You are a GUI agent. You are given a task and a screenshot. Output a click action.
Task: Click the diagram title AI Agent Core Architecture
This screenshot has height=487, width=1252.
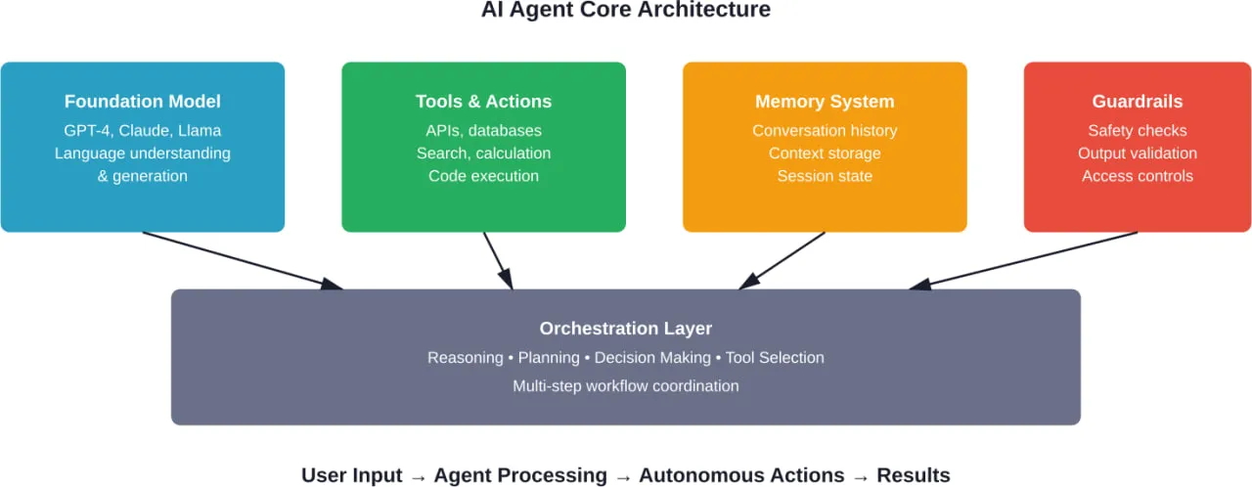coord(626,11)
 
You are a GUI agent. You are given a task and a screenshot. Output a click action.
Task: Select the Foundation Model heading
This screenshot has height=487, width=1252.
coord(143,102)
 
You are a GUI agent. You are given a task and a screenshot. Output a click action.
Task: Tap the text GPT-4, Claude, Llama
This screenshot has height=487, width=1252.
coord(143,131)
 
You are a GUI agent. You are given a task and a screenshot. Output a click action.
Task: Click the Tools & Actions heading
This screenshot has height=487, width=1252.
coord(483,102)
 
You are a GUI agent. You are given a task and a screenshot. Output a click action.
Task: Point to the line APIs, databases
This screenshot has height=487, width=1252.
coord(483,131)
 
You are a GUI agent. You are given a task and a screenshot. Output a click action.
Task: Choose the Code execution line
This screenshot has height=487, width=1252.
coord(483,176)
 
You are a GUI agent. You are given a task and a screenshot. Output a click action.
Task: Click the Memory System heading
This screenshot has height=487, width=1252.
coord(825,102)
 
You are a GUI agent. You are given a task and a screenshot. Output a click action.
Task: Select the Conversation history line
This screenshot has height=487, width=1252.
coord(825,131)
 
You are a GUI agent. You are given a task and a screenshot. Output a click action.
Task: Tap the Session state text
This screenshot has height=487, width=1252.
coord(825,176)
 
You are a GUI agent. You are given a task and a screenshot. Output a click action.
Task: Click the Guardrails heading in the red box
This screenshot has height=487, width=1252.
coord(1138,102)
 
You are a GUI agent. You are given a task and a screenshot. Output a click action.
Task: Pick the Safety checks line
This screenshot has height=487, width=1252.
coord(1138,131)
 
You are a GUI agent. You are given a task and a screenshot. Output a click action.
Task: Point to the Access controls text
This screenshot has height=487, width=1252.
coord(1138,176)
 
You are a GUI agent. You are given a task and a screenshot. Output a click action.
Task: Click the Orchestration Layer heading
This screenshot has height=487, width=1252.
coord(626,329)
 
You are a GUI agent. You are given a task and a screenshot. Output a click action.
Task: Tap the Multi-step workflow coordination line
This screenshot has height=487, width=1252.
coord(626,386)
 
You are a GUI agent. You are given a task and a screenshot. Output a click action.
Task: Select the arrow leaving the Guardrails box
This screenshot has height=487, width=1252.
coord(1023,260)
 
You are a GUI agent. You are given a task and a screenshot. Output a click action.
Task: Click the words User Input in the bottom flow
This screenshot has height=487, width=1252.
coord(351,475)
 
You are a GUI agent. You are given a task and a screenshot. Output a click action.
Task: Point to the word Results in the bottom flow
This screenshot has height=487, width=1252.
coord(913,475)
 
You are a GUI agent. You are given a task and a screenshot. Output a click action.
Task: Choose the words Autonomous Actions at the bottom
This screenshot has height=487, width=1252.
coord(741,475)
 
